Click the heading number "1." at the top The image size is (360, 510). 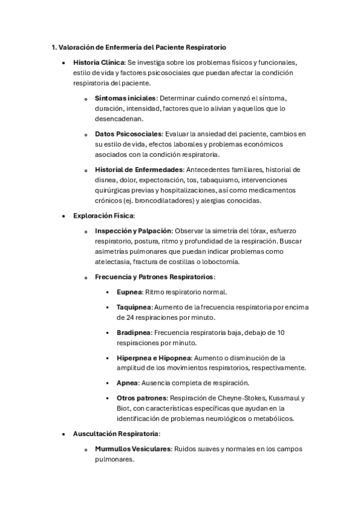point(53,47)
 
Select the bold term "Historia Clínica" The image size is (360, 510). point(99,63)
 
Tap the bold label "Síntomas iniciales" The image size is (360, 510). point(125,98)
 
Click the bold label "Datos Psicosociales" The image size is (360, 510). point(128,134)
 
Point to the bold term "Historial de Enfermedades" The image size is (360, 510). point(139,169)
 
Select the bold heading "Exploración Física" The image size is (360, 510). point(103,215)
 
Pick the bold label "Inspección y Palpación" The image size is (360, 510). point(133,230)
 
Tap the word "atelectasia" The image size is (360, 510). point(115,262)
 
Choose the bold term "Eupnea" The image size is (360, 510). point(129,292)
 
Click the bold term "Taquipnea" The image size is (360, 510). point(133,307)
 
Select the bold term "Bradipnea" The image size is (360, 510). point(133,332)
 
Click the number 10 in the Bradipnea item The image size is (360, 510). point(281,332)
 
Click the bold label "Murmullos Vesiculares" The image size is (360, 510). point(133,449)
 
